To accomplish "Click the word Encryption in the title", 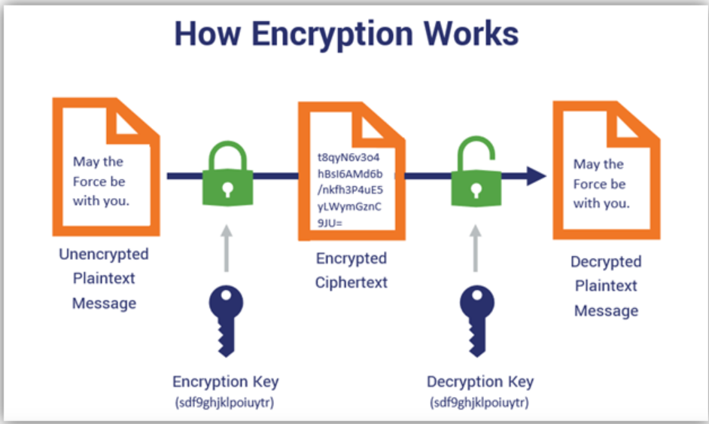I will [x=324, y=35].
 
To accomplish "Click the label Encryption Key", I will [x=225, y=381].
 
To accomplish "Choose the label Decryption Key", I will [x=479, y=381].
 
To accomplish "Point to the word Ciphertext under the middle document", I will [x=351, y=282].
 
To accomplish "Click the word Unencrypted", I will [x=104, y=255].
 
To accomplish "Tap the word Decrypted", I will [x=606, y=262].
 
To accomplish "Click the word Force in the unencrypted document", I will [x=89, y=181].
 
